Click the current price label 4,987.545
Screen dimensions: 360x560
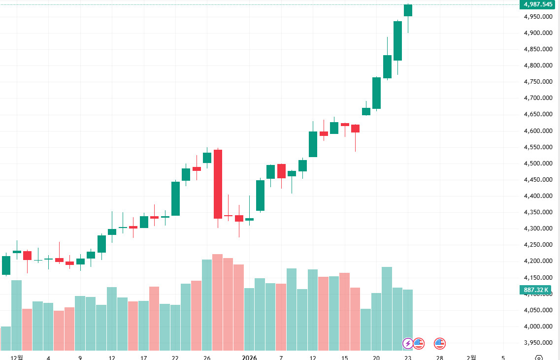(x=538, y=4)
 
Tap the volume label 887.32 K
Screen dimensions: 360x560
(x=538, y=290)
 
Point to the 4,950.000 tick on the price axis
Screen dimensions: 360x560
(x=538, y=17)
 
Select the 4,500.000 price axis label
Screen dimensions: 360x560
(x=538, y=164)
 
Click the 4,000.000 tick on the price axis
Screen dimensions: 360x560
(x=538, y=327)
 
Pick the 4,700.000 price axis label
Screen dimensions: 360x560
(x=538, y=98)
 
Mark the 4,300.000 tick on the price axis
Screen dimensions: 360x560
(x=538, y=229)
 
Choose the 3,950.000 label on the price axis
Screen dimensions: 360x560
(x=538, y=343)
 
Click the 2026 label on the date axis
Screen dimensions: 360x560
(x=249, y=358)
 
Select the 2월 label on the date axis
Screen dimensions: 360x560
(x=471, y=358)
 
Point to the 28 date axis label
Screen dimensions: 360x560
(x=440, y=358)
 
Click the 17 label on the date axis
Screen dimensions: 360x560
(x=143, y=358)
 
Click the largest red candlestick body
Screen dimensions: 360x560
(x=218, y=184)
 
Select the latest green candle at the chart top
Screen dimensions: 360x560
(x=408, y=10)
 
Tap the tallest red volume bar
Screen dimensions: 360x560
(x=218, y=300)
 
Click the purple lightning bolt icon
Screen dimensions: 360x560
(x=408, y=343)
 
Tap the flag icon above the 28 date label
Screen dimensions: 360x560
(x=439, y=343)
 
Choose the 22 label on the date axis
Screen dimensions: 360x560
(x=175, y=358)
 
